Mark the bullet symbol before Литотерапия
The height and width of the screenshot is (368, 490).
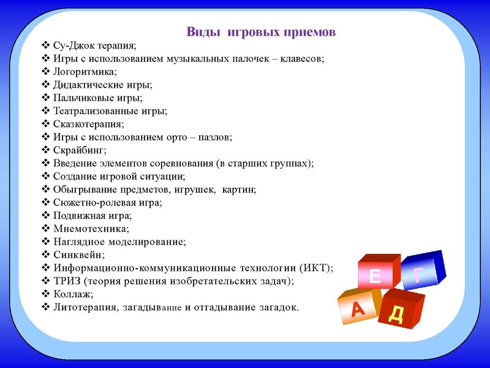pos(46,307)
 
